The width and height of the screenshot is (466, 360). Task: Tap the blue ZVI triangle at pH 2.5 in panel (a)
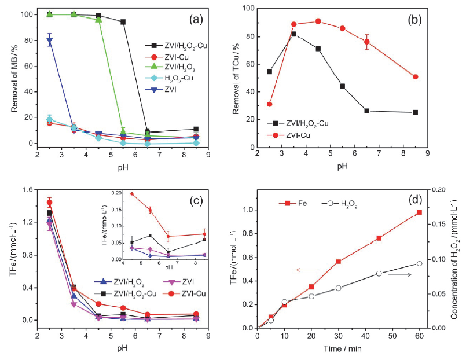pyautogui.click(x=50, y=41)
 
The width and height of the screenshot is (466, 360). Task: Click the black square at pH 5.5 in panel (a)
pyautogui.click(x=123, y=22)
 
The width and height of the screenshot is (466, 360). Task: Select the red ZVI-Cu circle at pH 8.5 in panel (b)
pyautogui.click(x=416, y=76)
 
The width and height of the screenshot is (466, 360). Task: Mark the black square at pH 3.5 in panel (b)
pyautogui.click(x=294, y=34)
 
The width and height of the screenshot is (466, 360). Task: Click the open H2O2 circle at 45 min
pyautogui.click(x=379, y=273)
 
